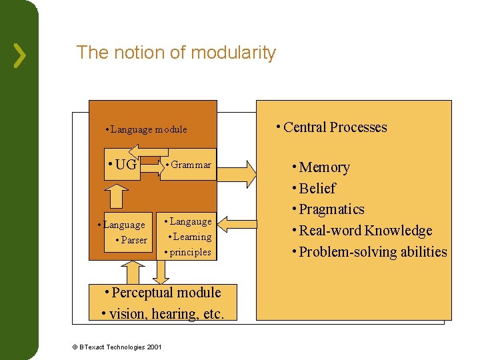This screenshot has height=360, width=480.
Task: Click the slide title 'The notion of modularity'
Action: [x=176, y=53]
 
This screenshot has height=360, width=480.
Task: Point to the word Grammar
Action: [x=190, y=165]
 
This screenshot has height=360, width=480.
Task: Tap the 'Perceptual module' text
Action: [x=165, y=292]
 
